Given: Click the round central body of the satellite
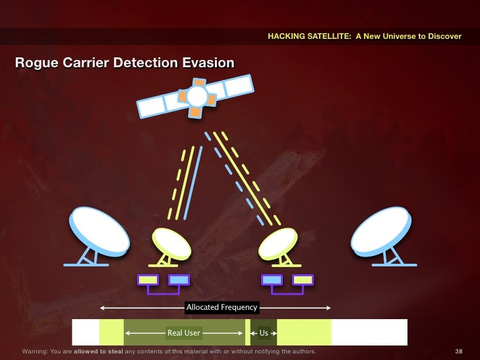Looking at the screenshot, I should (x=196, y=97).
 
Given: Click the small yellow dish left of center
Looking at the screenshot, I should (x=171, y=243).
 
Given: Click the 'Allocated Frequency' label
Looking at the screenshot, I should (x=222, y=307).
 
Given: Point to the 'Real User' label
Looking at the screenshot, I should (x=184, y=333).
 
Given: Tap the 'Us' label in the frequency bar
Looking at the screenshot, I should (x=264, y=333).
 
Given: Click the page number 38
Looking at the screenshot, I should (x=460, y=352).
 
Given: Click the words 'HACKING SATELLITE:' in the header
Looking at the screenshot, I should (x=310, y=36).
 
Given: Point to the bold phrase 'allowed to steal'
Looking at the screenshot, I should (x=98, y=352).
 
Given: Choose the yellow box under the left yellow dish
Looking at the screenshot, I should (x=148, y=280).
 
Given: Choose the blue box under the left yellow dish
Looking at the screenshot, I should (x=179, y=280).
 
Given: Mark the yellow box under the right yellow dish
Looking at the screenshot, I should (x=303, y=280).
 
